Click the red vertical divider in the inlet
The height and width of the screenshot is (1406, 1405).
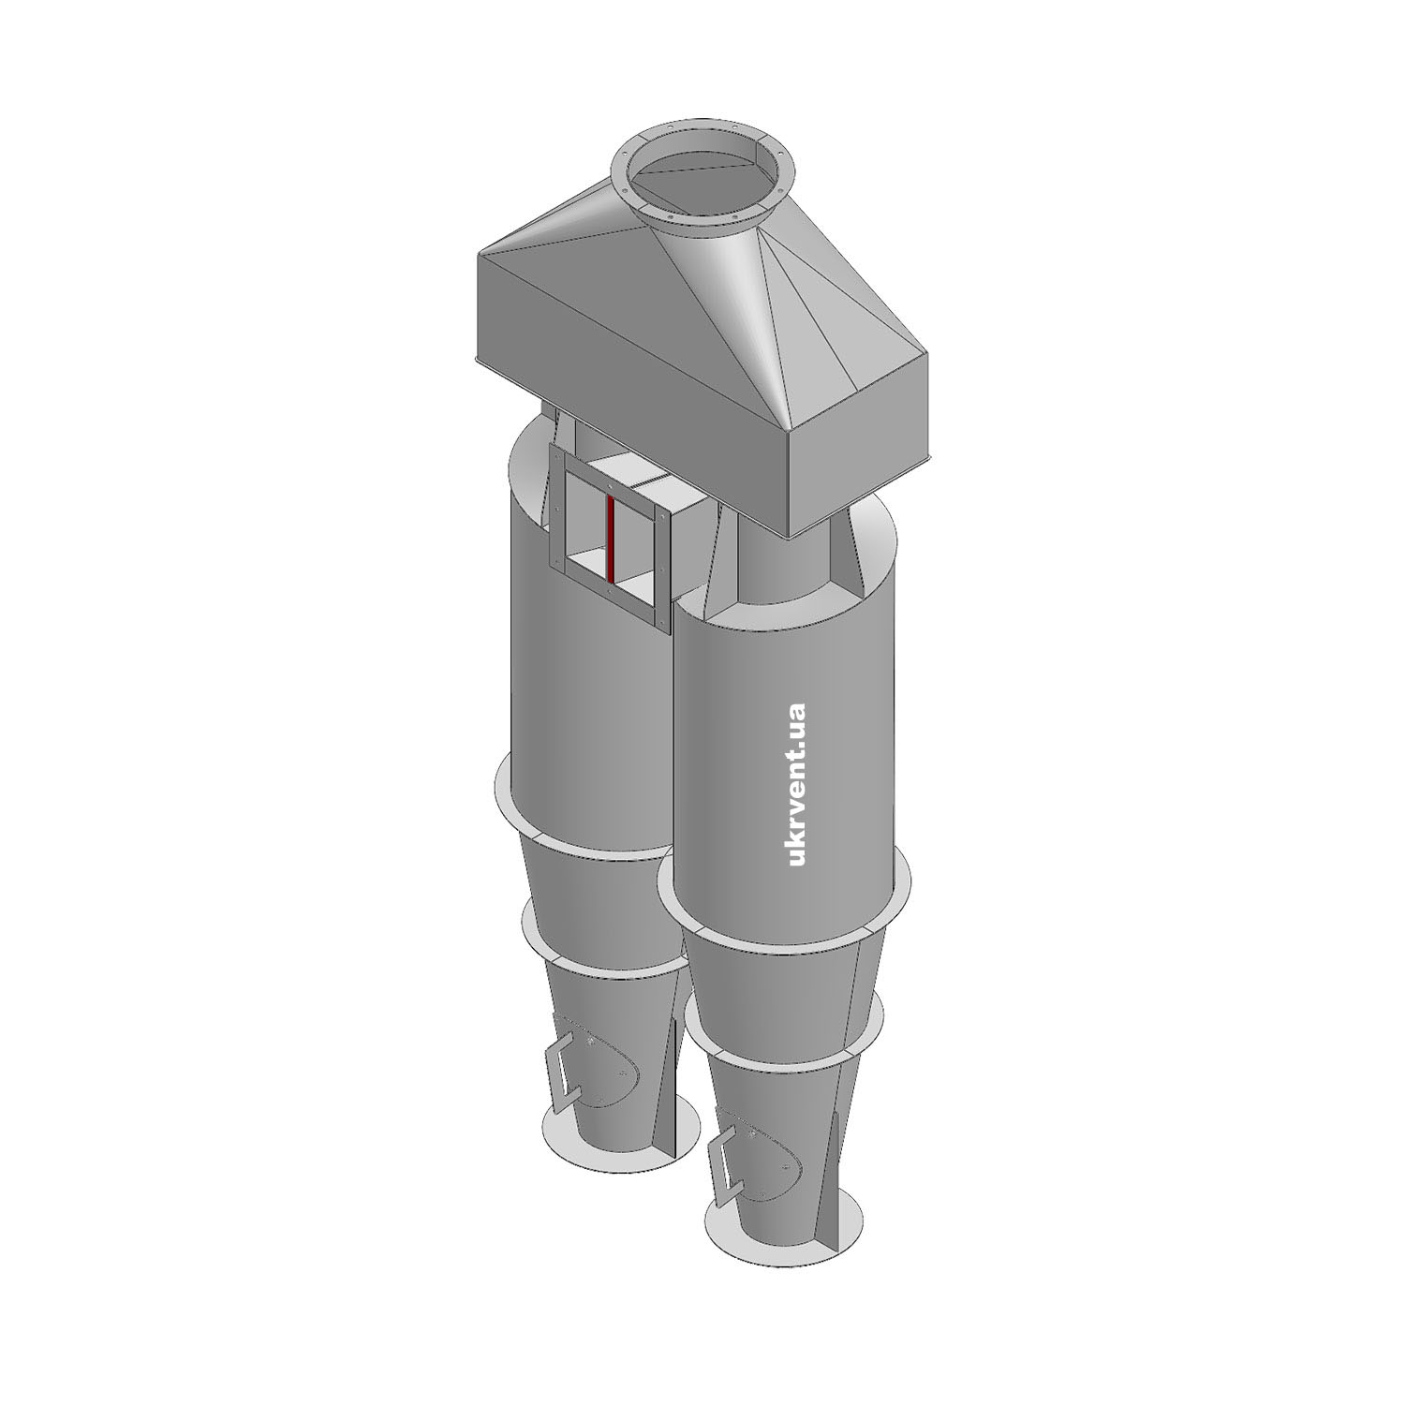pyautogui.click(x=610, y=540)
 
